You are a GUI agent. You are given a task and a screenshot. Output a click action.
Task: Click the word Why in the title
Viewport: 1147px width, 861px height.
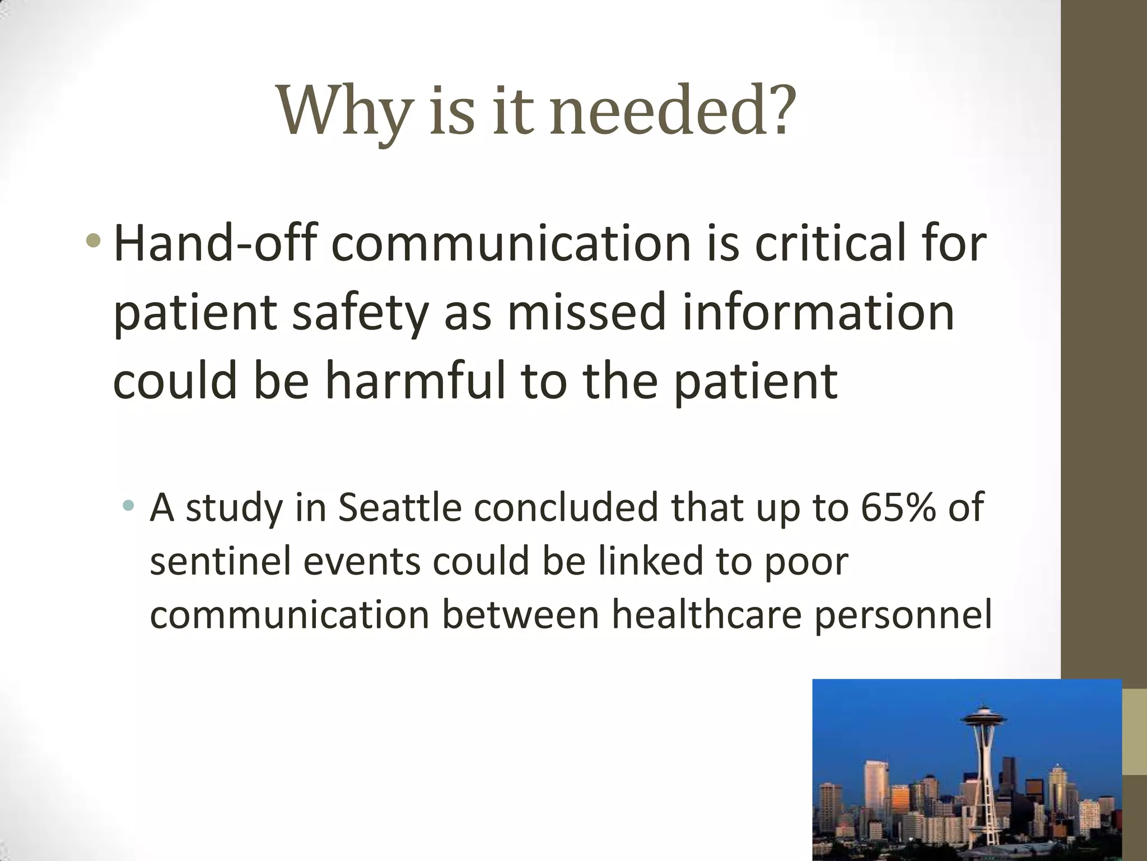343,110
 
